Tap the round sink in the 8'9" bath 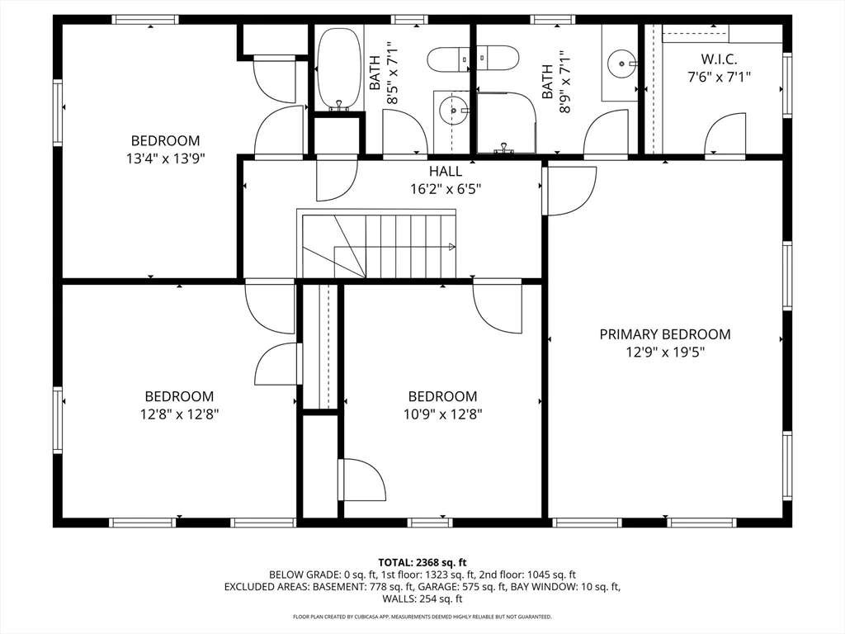tap(622, 64)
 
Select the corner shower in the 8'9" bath tap(506, 122)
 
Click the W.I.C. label tap(719, 59)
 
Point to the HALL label tap(445, 172)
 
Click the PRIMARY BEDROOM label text tap(665, 334)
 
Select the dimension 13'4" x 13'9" tap(165, 158)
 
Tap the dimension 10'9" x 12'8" tap(442, 414)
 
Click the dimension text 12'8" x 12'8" tap(179, 414)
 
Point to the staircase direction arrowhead tap(452, 247)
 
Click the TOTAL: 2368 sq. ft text tap(422, 563)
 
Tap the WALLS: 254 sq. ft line tap(422, 599)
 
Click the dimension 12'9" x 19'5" tap(665, 352)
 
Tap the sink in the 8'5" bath tap(451, 111)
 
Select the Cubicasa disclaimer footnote tap(422, 616)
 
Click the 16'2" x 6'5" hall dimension tap(445, 189)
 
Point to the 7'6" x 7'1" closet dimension tap(719, 77)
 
